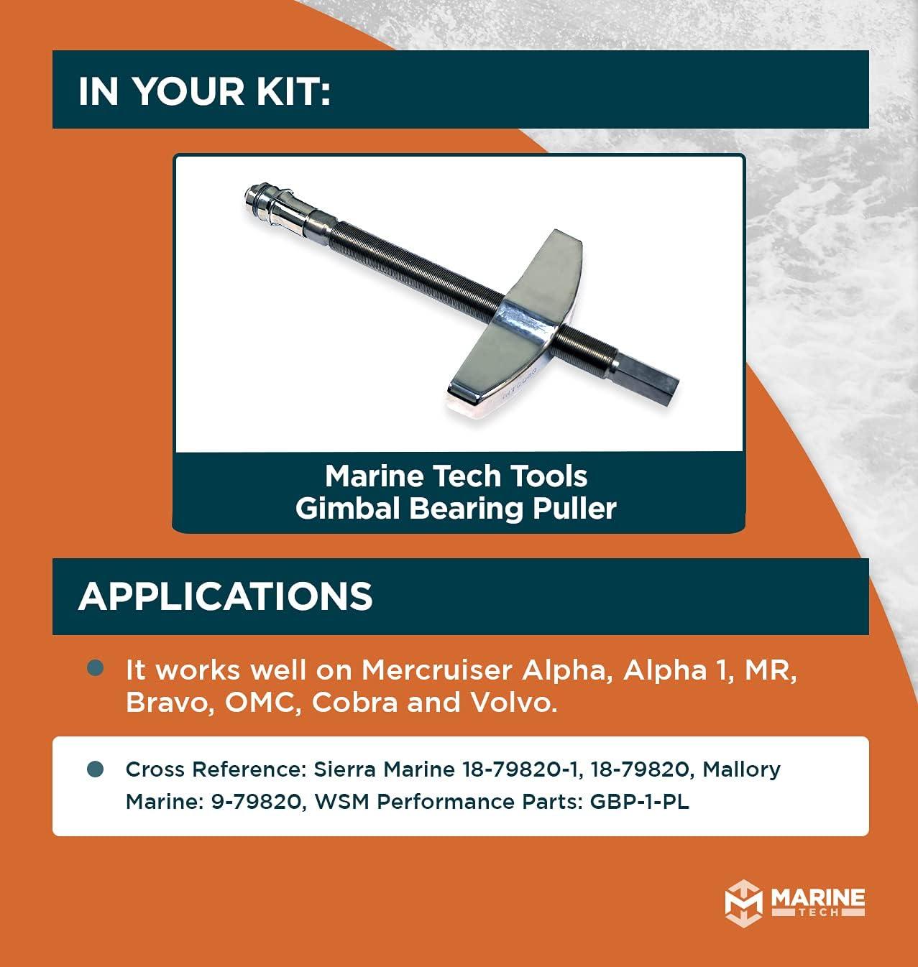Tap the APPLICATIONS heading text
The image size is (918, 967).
[x=225, y=596]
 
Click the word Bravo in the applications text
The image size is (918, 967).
[x=162, y=702]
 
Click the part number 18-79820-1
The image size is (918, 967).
[x=518, y=769]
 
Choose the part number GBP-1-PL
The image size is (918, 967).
[x=639, y=801]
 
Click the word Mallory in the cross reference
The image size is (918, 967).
[x=741, y=769]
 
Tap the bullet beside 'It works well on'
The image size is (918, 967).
[x=96, y=668]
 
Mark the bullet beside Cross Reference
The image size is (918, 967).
[x=96, y=769]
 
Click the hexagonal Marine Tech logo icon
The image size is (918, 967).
[x=743, y=904]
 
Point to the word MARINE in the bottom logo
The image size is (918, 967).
[x=817, y=898]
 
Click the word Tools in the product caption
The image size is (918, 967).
[x=552, y=476]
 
